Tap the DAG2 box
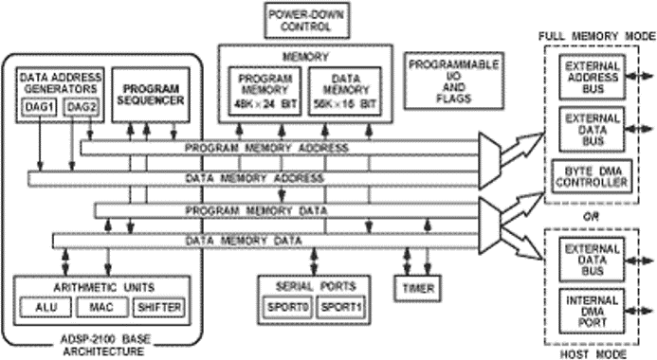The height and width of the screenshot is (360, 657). point(80,107)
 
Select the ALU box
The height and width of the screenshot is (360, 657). point(44,308)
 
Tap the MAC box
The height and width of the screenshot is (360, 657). point(100,308)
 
